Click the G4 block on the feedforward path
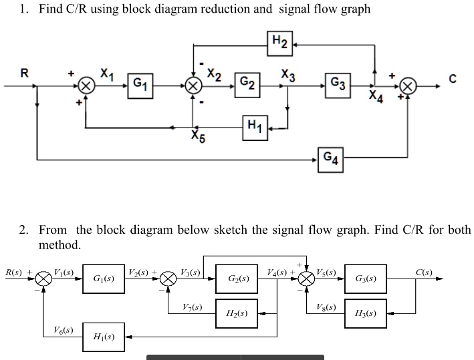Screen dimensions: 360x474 [x=330, y=160]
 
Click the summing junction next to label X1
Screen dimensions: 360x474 [x=86, y=86]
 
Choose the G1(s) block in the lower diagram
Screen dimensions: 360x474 [x=103, y=279]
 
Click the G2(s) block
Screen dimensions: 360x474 [x=239, y=279]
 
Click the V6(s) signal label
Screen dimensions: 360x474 [x=63, y=330]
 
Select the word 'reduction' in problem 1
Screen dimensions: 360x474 [x=227, y=9]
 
